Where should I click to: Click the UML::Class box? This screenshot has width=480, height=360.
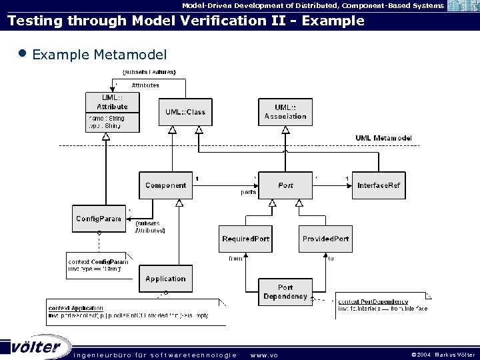point(185,112)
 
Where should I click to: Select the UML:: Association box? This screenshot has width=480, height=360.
point(285,112)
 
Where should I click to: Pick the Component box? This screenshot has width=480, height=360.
point(165,185)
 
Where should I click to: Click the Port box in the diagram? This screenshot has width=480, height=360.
point(285,185)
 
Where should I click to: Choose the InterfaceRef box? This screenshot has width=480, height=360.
point(379,185)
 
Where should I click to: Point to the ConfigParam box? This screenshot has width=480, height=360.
point(99,219)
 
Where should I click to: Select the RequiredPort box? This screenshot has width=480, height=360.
point(246,239)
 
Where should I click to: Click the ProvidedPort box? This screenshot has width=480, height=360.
point(325,239)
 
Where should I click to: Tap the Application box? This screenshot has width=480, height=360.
point(165,279)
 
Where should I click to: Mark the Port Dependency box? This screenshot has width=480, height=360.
point(285,292)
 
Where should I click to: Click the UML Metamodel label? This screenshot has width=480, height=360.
point(383,138)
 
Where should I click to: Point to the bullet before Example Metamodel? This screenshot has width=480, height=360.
point(23,53)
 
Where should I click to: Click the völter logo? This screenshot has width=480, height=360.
point(36,347)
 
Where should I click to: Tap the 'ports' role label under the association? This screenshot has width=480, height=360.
point(248,192)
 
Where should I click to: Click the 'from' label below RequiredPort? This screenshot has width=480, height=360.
point(235,258)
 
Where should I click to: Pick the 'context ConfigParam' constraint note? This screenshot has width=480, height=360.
point(99,265)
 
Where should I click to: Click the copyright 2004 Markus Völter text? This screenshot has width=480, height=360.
point(442,355)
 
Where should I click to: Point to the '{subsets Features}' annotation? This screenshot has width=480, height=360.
point(149,71)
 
